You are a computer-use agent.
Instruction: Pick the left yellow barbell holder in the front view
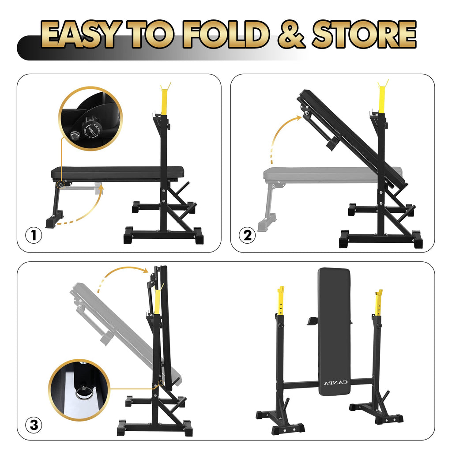[280, 300]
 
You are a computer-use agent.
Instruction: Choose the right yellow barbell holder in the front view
[378, 303]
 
